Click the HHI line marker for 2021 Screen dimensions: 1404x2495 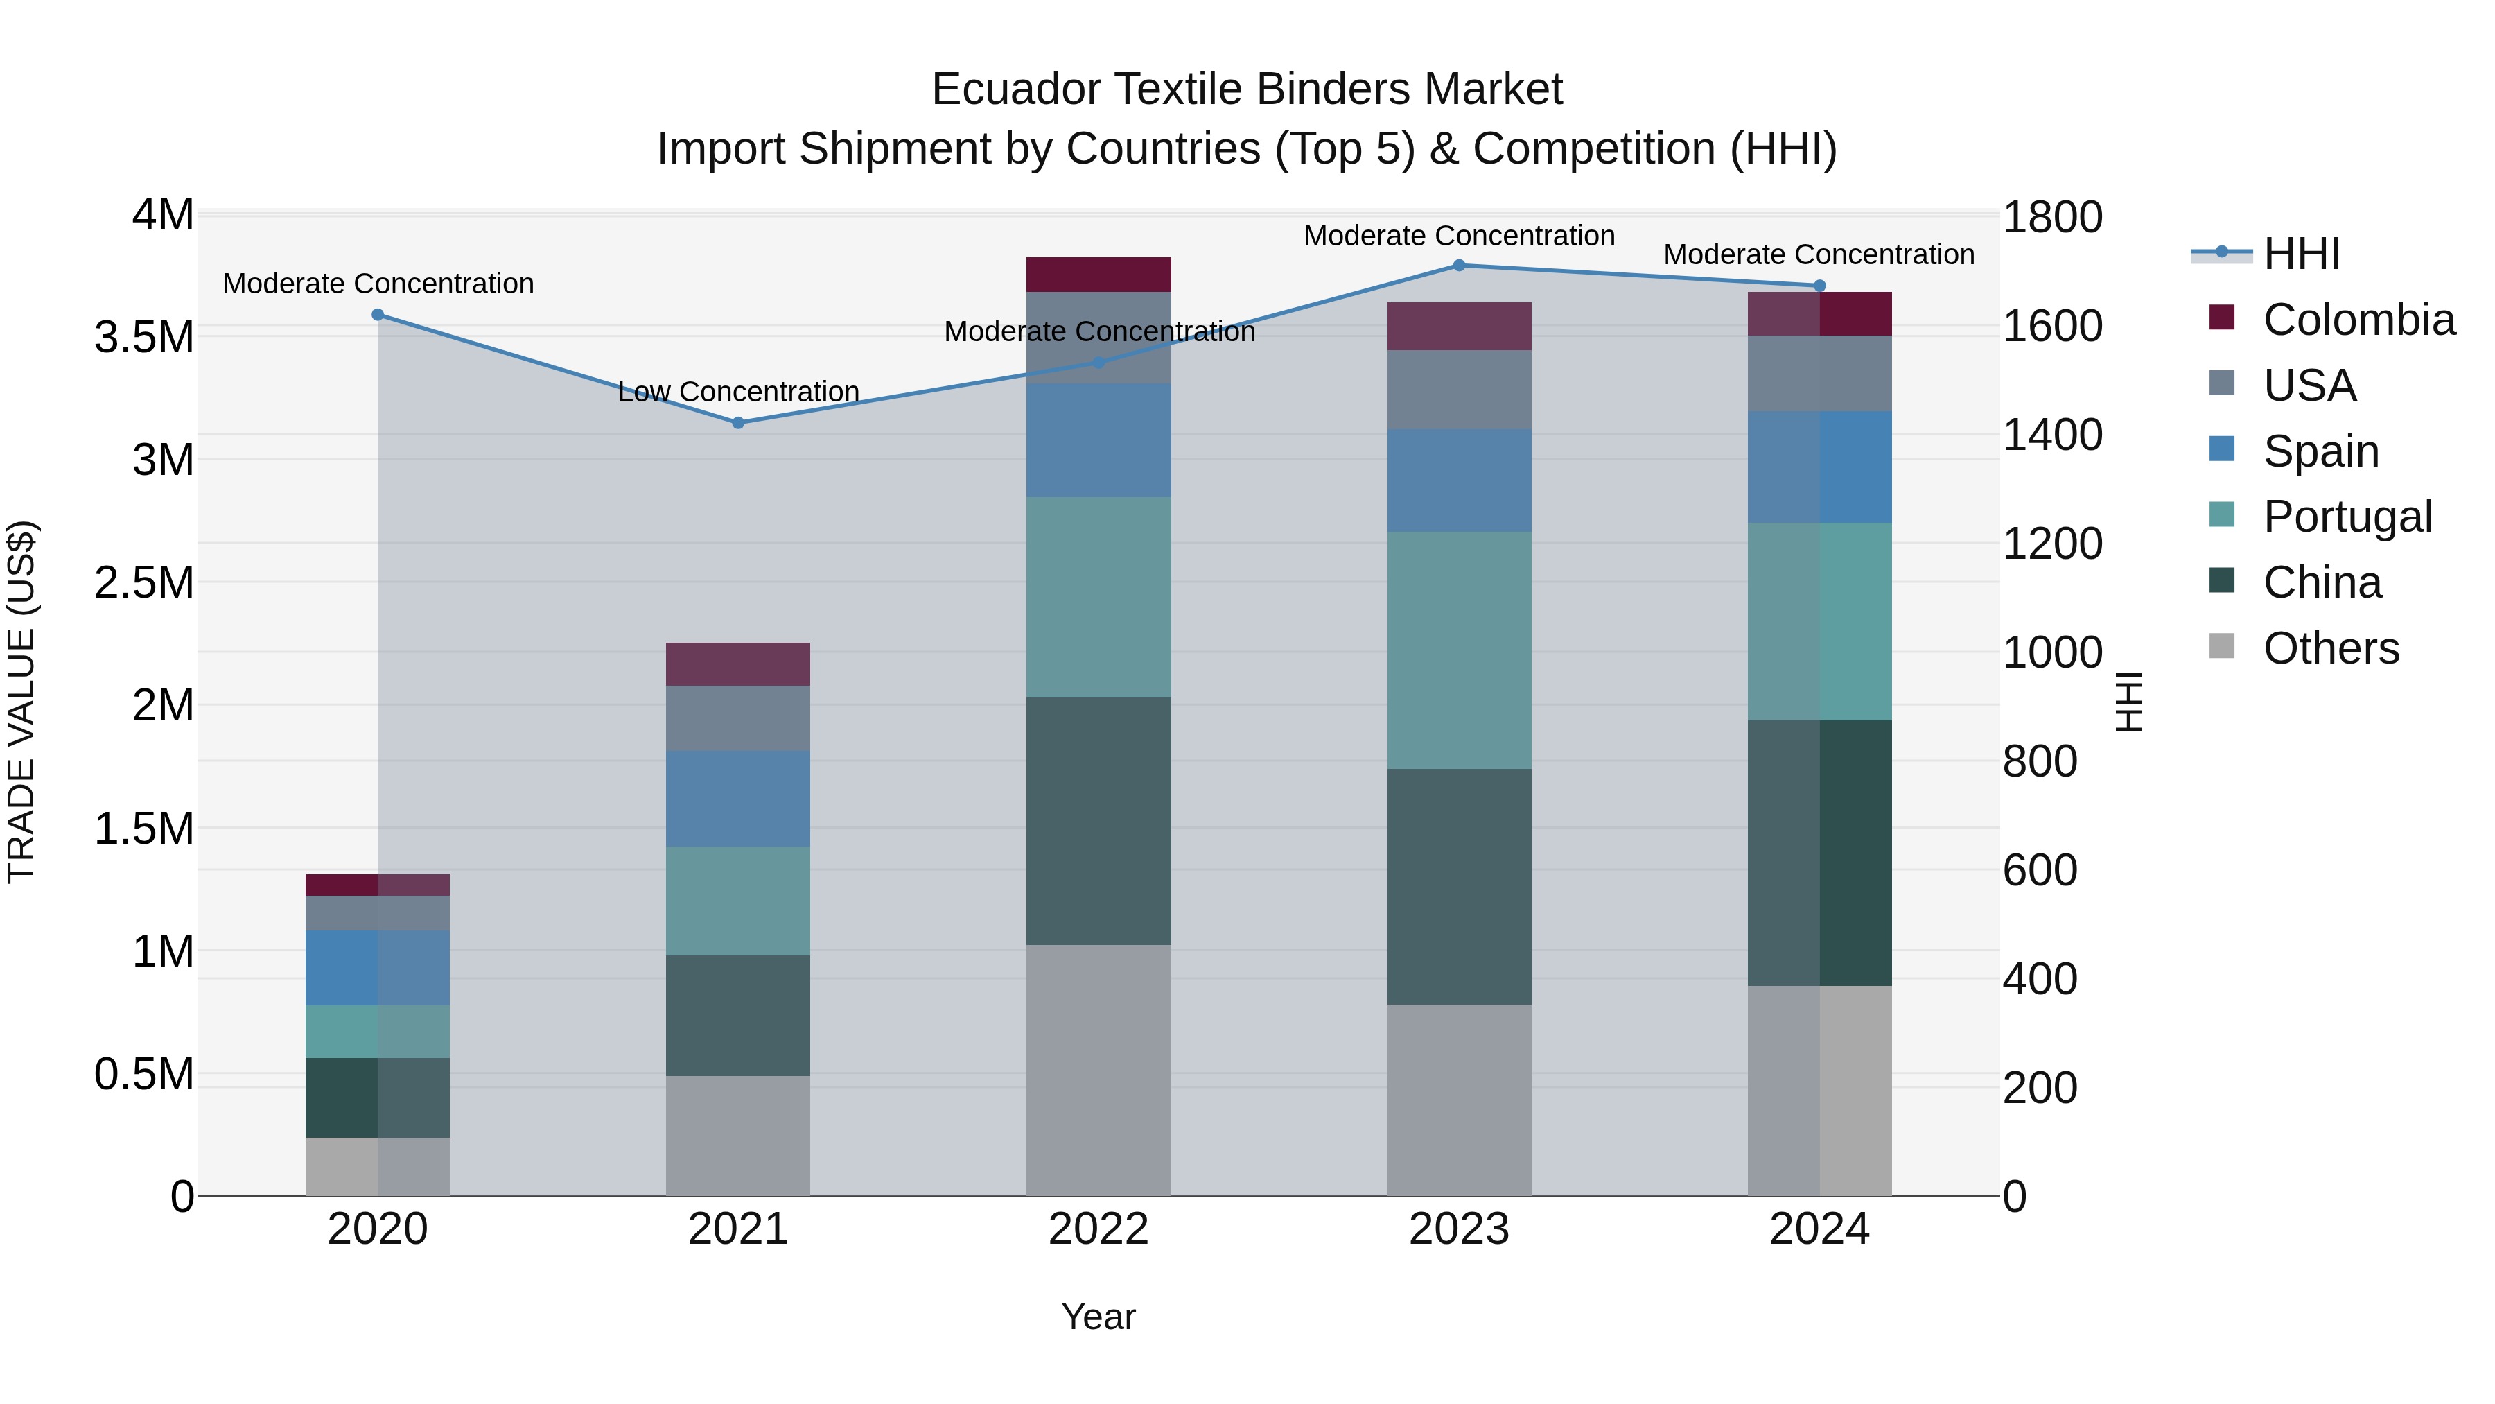[738, 422]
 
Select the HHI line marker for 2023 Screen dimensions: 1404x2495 [1459, 265]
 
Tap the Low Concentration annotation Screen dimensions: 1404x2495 [738, 392]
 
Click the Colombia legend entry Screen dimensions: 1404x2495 [2358, 320]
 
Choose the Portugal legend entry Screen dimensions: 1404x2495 [2346, 517]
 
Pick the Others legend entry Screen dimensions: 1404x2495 [2329, 648]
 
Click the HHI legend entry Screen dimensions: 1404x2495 [2300, 254]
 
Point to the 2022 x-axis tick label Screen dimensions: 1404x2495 [1098, 1229]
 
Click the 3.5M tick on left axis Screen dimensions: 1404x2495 [144, 337]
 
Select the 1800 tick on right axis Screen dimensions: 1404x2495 [2051, 217]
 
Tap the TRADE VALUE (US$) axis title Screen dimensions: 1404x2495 [21, 702]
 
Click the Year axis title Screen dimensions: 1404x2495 [1098, 1317]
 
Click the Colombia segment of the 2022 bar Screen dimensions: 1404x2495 [1098, 274]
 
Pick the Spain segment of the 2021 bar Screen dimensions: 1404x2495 [738, 799]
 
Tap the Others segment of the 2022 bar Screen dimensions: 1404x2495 [1098, 1070]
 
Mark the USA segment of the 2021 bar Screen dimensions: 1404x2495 [738, 718]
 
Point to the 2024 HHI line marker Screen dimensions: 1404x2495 [1819, 286]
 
